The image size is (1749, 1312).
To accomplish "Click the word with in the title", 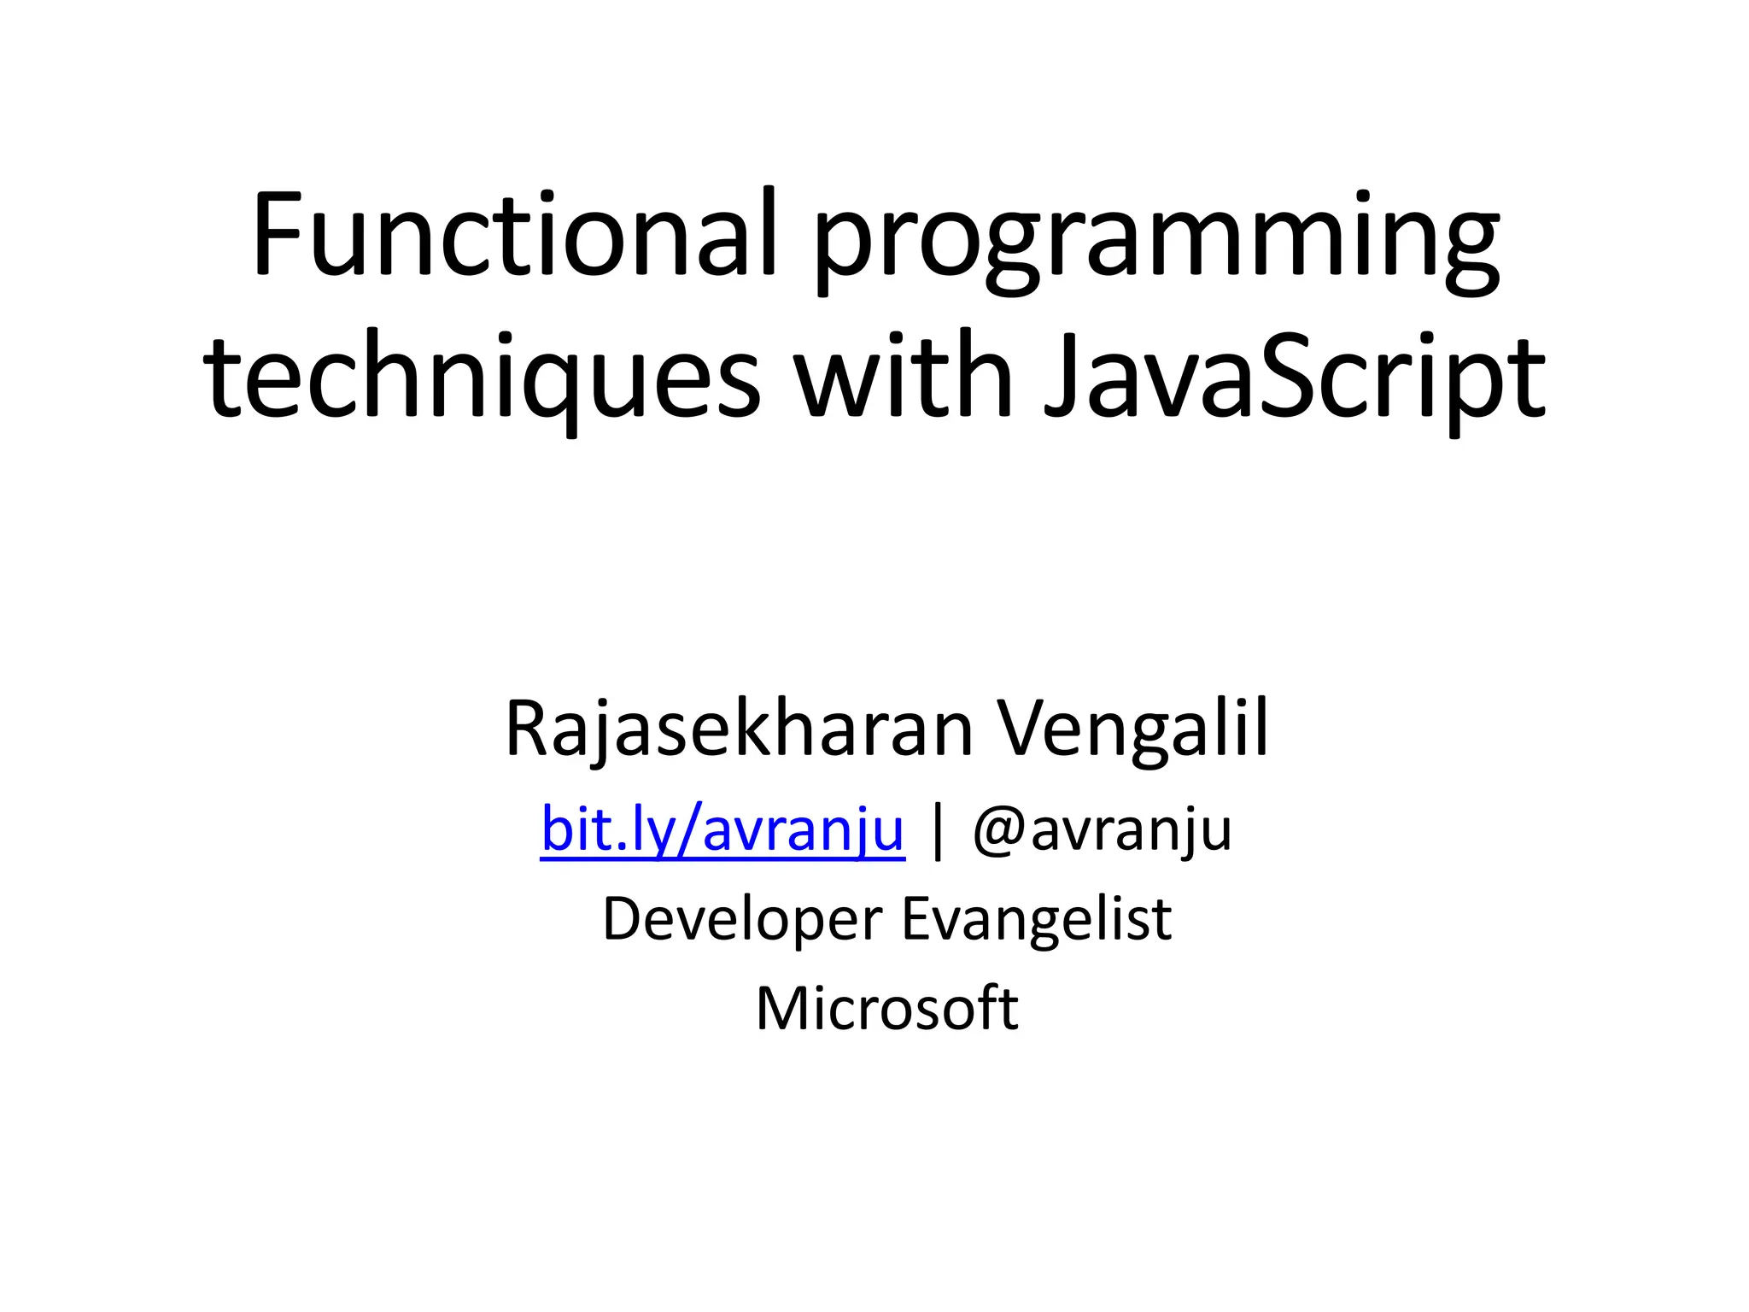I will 904,376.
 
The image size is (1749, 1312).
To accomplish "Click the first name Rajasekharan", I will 739,730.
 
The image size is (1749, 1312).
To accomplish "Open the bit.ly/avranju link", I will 722,830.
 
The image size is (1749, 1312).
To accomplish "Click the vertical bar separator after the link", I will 939,832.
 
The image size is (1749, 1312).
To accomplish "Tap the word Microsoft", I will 886,1009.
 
